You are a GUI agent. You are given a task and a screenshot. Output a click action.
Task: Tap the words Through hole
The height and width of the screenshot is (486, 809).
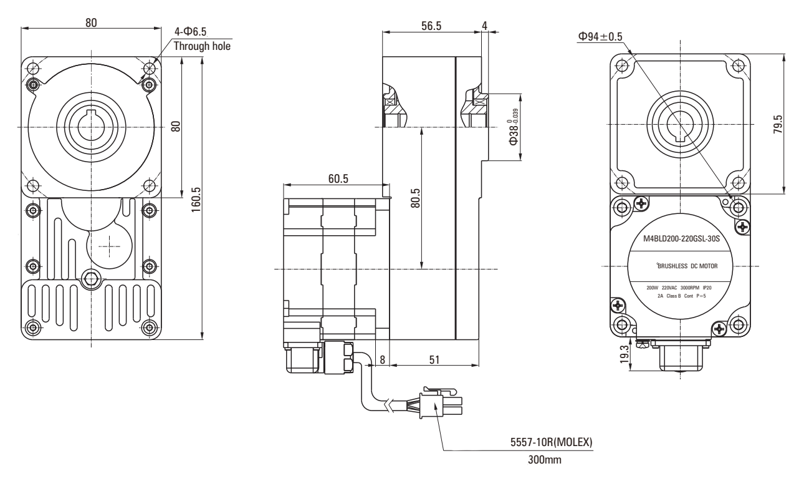tap(202, 46)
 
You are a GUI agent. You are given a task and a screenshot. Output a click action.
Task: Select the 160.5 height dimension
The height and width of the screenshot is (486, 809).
tap(196, 198)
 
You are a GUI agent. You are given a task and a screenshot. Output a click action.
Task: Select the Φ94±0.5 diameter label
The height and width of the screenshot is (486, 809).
tap(600, 37)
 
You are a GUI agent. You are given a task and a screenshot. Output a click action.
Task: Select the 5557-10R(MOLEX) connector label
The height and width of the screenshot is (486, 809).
tap(552, 444)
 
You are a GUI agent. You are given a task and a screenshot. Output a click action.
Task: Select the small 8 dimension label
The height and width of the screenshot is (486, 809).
tap(381, 360)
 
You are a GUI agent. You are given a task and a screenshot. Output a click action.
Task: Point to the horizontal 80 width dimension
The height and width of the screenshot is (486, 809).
tap(91, 22)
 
